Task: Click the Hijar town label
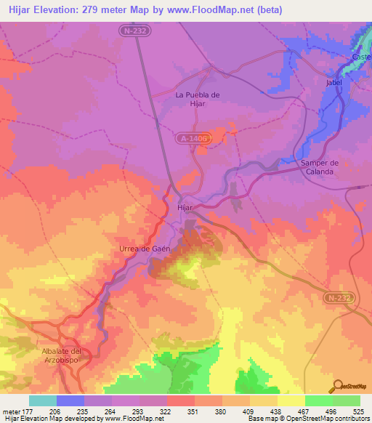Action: (186, 207)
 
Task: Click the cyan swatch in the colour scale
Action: (43, 400)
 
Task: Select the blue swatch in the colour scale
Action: (70, 400)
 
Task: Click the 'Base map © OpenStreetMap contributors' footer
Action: (308, 419)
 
